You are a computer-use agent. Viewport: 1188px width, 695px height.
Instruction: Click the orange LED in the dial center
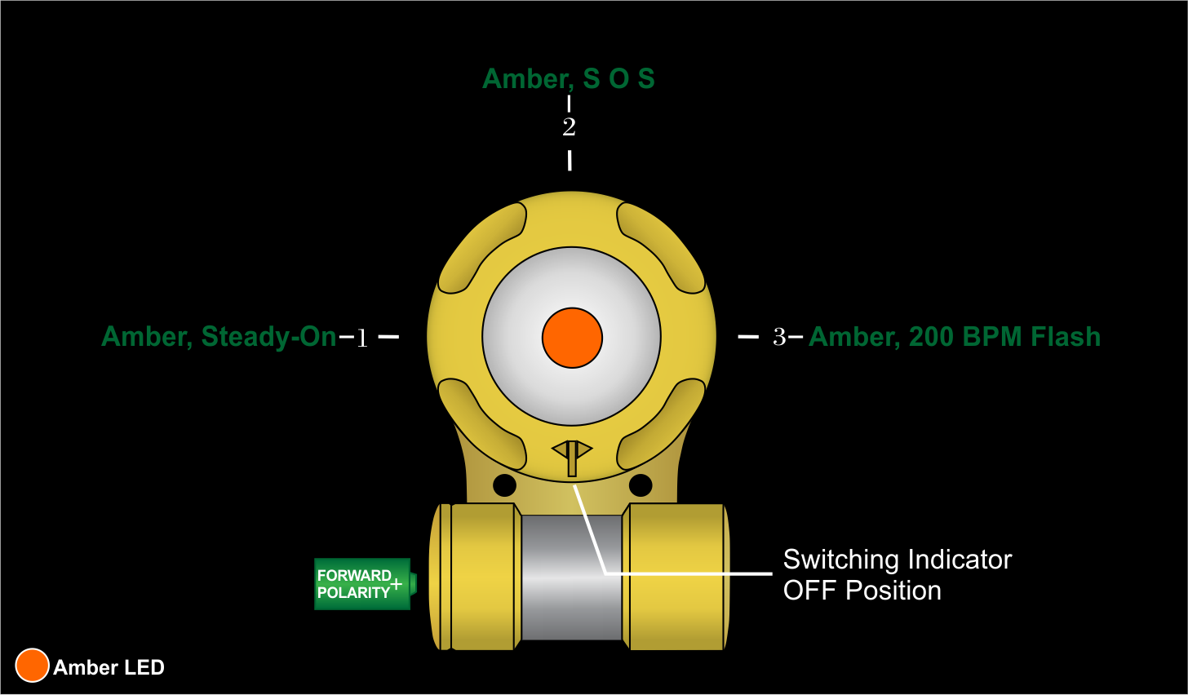[x=572, y=338]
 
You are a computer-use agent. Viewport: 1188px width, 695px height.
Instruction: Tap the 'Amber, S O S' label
[x=569, y=79]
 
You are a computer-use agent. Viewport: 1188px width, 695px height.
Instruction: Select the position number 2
[x=569, y=127]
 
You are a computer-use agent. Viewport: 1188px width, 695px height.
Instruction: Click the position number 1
[x=362, y=338]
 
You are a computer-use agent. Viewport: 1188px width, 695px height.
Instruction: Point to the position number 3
[x=779, y=337]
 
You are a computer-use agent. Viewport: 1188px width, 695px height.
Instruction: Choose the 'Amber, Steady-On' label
[x=219, y=337]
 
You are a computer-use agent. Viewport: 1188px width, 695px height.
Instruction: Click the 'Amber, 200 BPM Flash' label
[x=955, y=337]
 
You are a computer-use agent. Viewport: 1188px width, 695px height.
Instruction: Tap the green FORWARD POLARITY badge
[x=359, y=584]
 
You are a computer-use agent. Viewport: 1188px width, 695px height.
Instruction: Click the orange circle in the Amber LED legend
[x=33, y=666]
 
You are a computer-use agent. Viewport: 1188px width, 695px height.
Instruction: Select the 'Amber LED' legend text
[x=109, y=667]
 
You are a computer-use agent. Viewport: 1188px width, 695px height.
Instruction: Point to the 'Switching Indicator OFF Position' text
[x=897, y=575]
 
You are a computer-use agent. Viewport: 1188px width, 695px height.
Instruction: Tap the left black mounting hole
[x=504, y=485]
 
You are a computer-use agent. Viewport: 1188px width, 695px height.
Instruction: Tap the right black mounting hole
[x=641, y=485]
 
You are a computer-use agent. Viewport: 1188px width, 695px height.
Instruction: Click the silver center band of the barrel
[x=571, y=577]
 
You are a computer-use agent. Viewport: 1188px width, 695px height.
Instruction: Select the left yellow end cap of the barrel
[x=481, y=577]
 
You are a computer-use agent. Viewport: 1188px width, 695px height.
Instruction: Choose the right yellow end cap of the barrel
[x=676, y=577]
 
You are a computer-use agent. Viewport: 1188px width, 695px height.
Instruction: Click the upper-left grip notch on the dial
[x=484, y=248]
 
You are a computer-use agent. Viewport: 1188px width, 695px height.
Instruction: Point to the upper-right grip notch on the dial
[x=660, y=248]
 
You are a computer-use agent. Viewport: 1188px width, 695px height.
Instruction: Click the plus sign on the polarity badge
[x=397, y=584]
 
